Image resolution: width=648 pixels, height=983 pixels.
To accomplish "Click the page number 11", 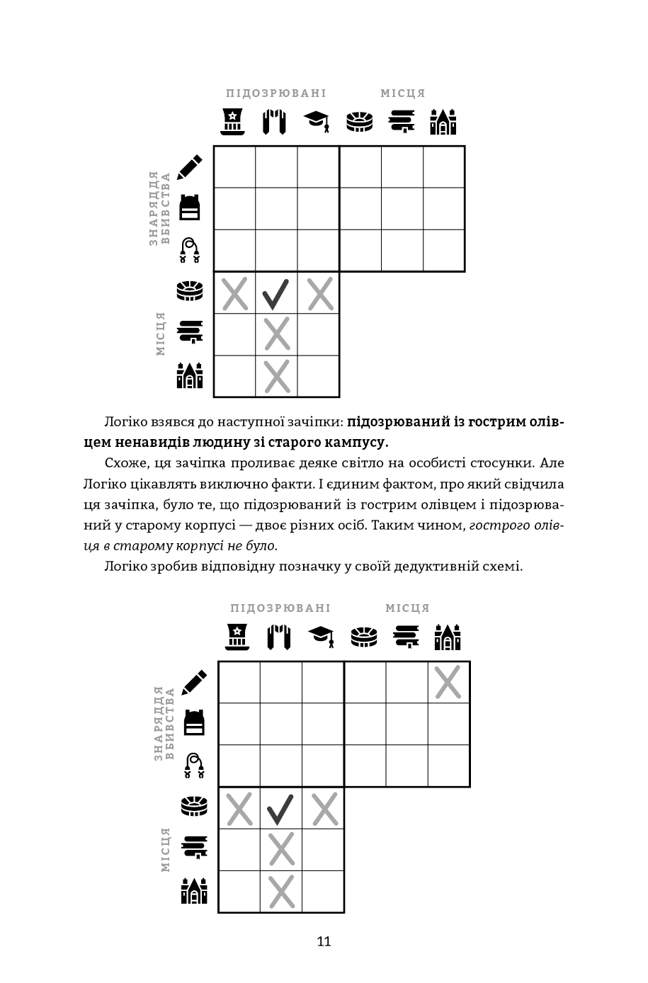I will (x=324, y=942).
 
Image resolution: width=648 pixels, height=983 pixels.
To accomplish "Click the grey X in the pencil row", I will (x=448, y=682).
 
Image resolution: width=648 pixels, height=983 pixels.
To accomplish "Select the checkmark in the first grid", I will (x=276, y=293).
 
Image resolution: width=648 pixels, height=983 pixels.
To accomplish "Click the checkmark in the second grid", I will (x=280, y=808).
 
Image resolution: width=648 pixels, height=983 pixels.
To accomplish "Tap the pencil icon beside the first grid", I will (x=189, y=167).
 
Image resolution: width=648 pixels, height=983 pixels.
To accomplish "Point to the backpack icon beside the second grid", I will (x=194, y=723).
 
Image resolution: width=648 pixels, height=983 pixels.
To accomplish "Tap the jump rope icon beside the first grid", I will (x=188, y=251).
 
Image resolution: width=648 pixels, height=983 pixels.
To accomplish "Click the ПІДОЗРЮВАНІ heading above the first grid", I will (x=275, y=93).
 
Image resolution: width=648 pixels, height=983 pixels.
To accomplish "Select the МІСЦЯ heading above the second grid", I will (x=407, y=608).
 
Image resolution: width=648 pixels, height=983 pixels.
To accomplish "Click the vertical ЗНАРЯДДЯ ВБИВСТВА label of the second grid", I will (x=164, y=723).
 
